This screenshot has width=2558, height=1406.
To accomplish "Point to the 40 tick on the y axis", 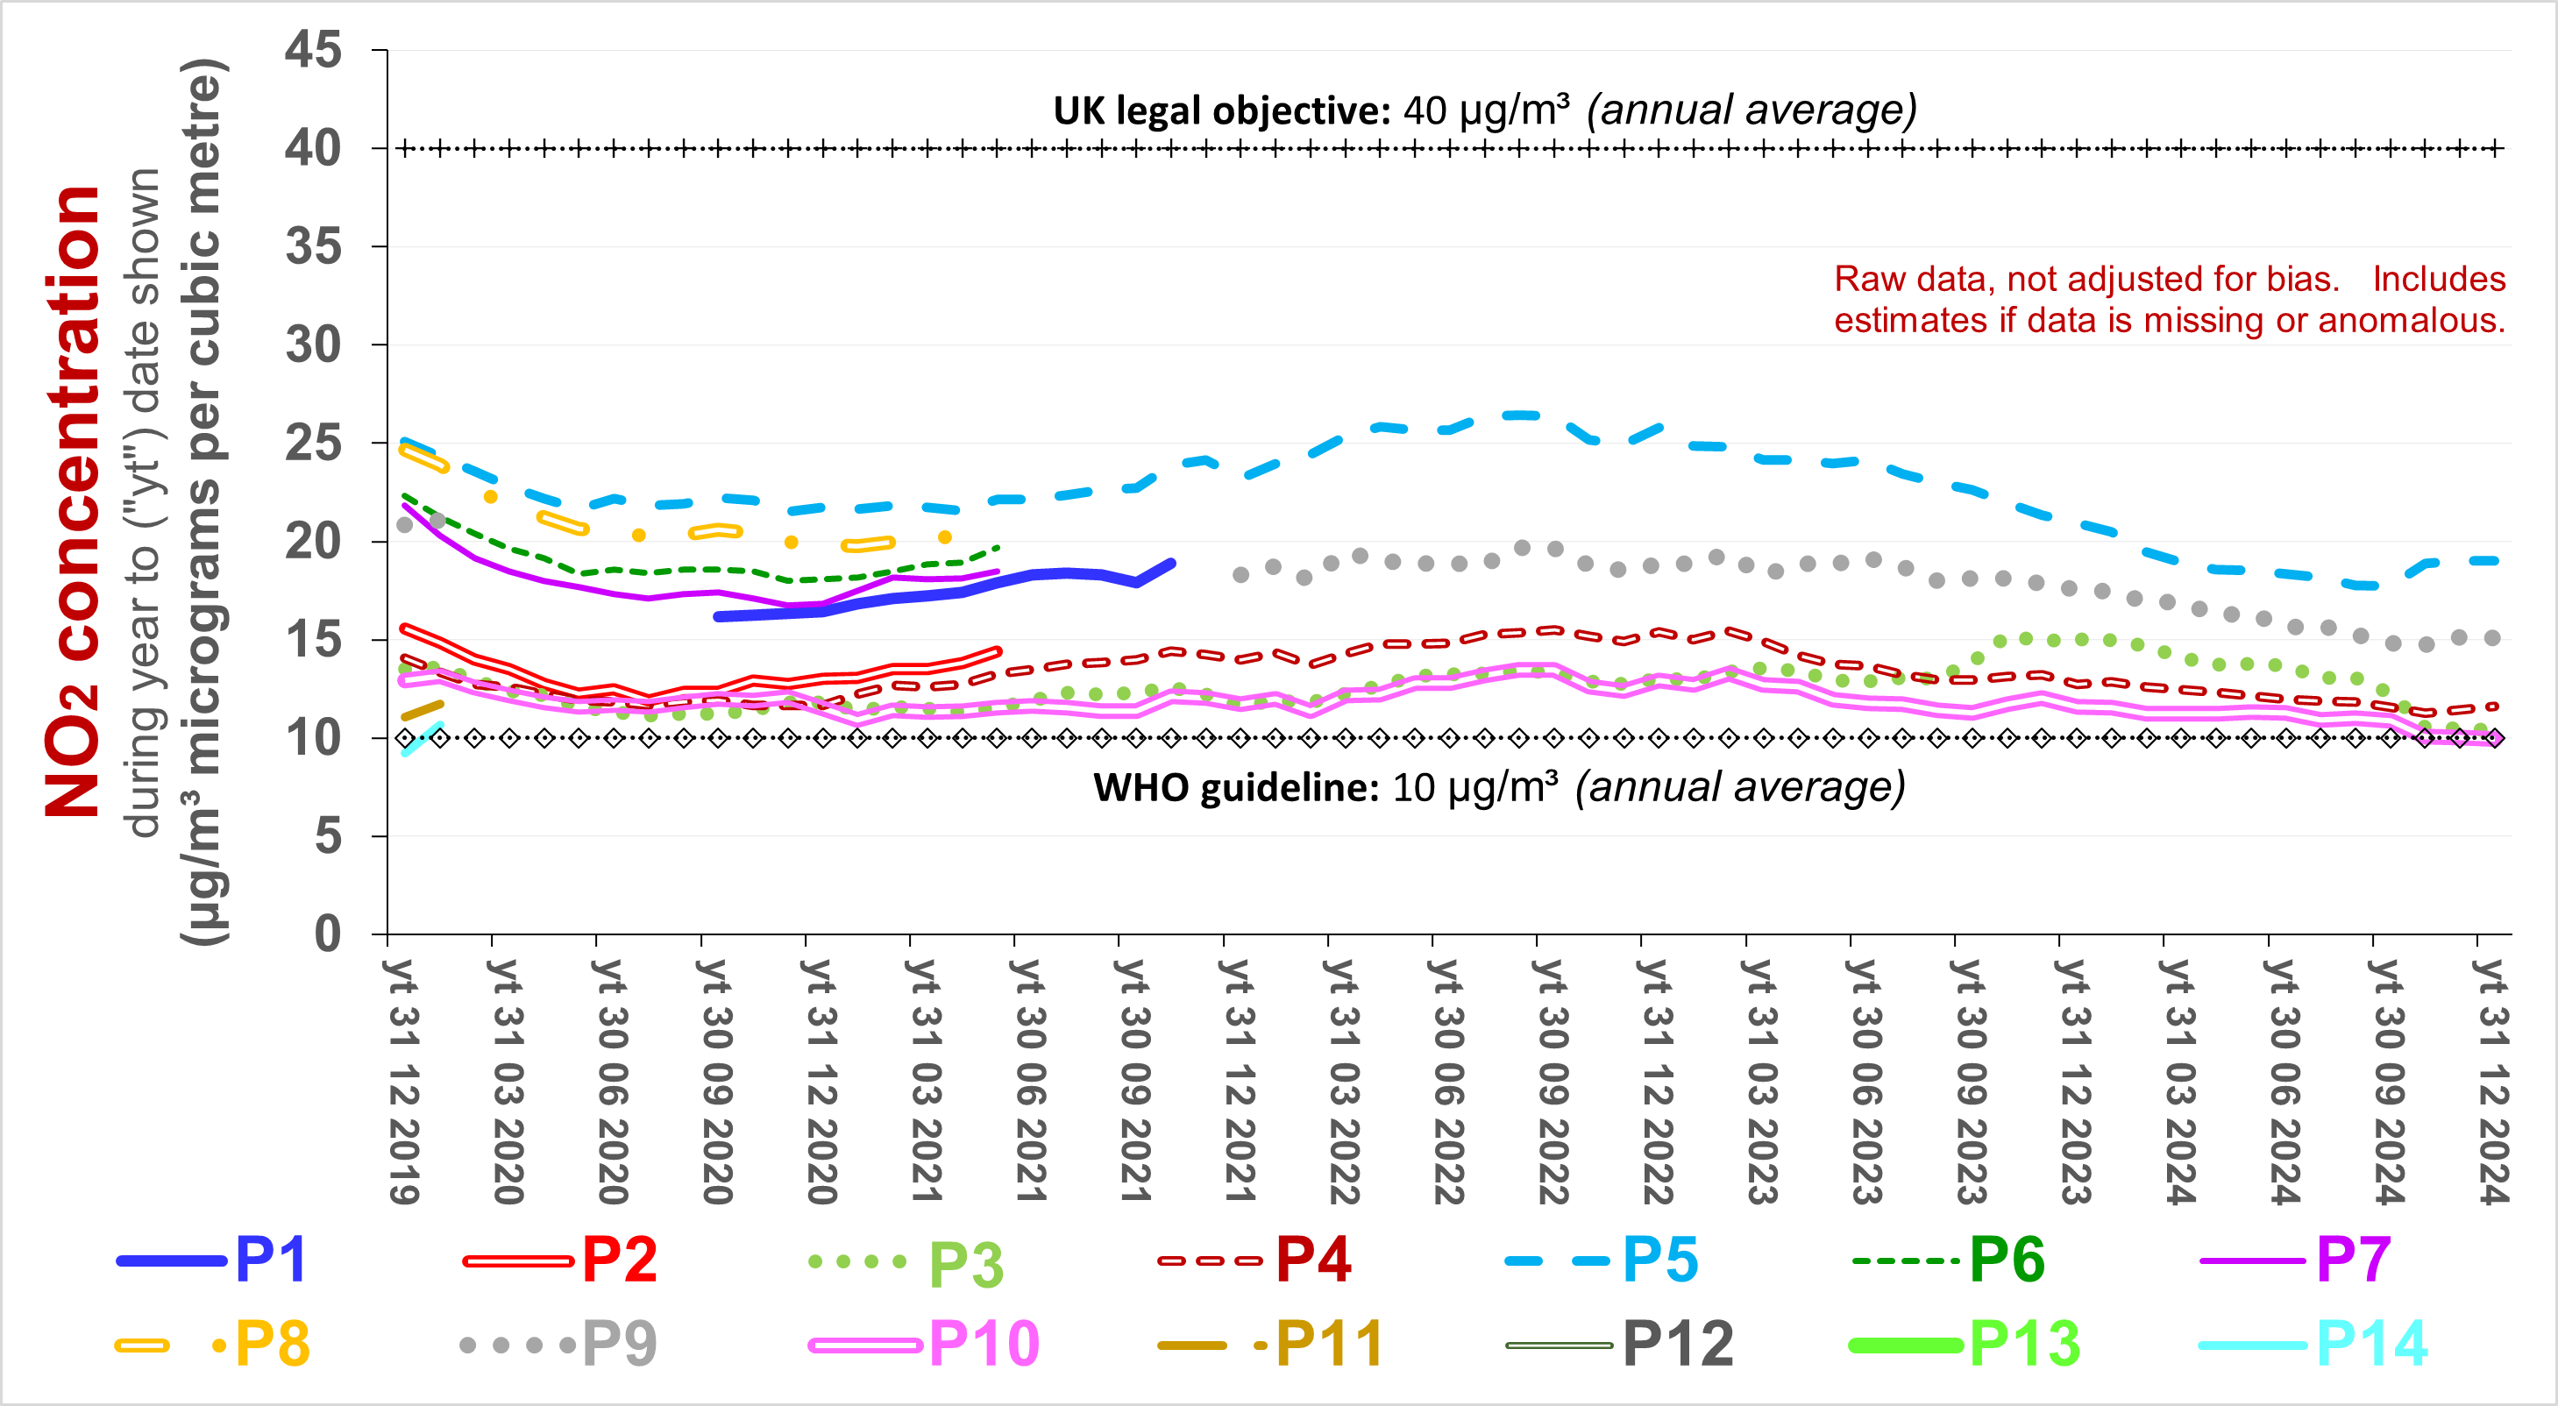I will [x=314, y=149].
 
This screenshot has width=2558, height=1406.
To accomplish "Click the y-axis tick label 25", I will [x=314, y=443].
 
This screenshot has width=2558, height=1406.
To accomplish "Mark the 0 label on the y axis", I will [x=328, y=934].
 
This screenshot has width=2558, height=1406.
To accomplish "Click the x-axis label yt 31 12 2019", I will [x=403, y=1082].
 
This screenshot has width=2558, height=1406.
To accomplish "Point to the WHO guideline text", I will [x=1235, y=788].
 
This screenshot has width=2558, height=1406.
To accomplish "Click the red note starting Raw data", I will [x=2169, y=300].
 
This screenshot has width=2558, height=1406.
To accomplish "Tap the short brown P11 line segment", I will [x=422, y=710].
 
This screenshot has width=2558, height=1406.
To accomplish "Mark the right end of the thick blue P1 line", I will [x=1172, y=564].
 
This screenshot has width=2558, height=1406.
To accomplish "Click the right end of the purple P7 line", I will [x=997, y=571].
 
